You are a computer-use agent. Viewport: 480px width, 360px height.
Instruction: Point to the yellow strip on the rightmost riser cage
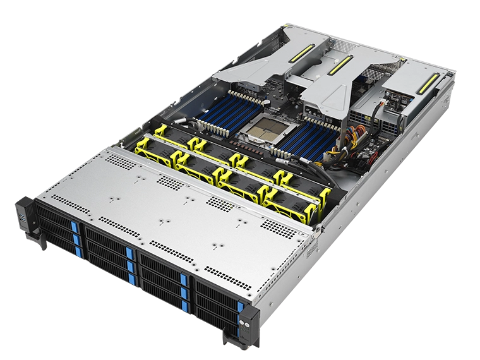coord(431,81)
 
